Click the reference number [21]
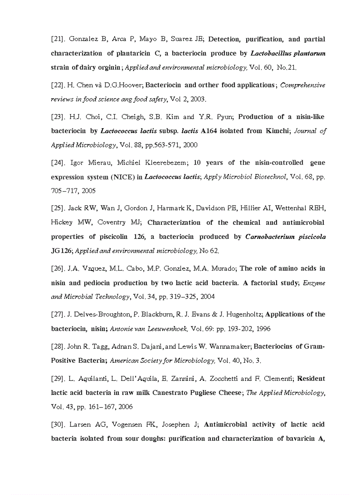tap(58, 39)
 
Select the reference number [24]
tap(58, 163)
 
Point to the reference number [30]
tap(58, 424)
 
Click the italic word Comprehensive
tap(303, 85)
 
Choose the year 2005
tap(88, 191)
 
